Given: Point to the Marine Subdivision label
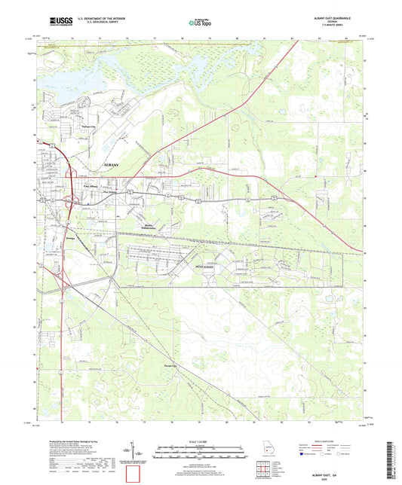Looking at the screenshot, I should pyautogui.click(x=146, y=225).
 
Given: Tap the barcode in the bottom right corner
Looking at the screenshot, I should pyautogui.click(x=389, y=460).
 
